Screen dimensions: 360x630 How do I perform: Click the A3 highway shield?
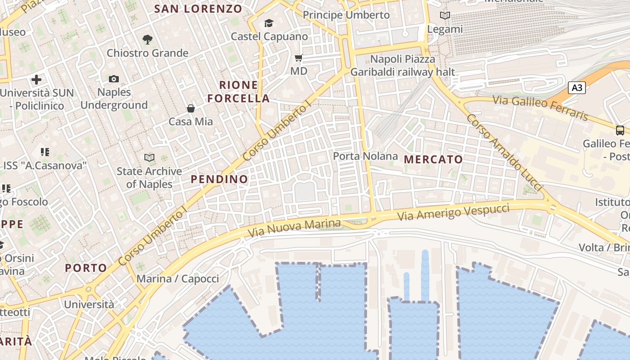(577, 87)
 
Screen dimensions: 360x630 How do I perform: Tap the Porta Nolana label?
(365, 156)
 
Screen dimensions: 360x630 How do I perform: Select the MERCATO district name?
(433, 159)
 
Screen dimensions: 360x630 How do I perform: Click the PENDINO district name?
(219, 179)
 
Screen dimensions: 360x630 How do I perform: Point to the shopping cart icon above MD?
(298, 58)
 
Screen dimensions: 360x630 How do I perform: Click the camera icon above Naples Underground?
(114, 79)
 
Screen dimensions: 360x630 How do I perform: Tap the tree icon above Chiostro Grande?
(147, 40)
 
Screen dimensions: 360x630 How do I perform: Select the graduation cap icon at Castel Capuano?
(269, 23)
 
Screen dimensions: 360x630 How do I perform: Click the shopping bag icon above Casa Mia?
(191, 108)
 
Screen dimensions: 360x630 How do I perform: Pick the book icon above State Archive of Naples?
(149, 157)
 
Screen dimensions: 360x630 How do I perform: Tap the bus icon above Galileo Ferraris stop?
(620, 130)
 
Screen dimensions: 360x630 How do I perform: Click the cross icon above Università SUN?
(36, 80)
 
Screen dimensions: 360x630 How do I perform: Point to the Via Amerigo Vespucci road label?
(453, 212)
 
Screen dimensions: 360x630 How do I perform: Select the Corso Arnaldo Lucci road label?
(504, 152)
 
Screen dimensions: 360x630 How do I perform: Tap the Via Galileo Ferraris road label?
(540, 108)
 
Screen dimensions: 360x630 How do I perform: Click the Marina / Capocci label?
(178, 279)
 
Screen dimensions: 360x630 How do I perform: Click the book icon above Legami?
(445, 16)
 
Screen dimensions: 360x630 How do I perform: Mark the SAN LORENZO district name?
(198, 9)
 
